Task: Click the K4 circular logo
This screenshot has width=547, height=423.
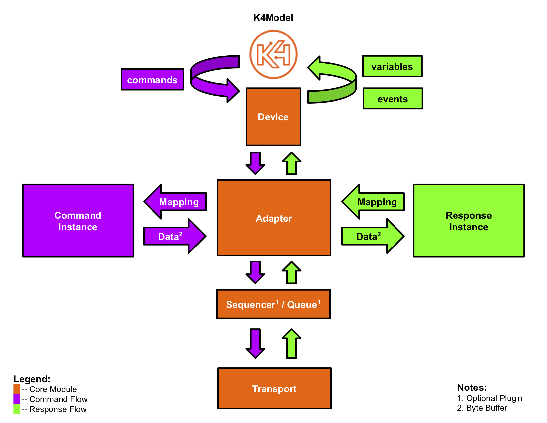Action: coord(273,54)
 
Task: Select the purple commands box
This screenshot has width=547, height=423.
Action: coord(152,80)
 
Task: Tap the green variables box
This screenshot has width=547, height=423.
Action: coord(392,66)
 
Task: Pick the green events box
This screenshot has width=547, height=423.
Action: coord(393,99)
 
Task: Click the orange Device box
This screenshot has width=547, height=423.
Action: coord(273,117)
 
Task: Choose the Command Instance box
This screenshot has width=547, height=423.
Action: coord(78,221)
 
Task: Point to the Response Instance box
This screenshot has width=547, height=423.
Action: coord(469,221)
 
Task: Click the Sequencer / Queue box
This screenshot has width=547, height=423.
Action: coord(273,304)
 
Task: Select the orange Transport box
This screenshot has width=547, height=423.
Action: coord(274,388)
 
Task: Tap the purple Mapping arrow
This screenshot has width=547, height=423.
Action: coord(176,202)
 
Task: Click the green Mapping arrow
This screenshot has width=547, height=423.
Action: coord(374,202)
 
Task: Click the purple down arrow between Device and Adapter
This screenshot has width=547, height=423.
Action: coord(255,163)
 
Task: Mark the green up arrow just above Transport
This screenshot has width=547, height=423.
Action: coord(292,344)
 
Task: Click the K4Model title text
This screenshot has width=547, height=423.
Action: coord(273,18)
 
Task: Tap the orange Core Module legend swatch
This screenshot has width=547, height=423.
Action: coord(17,389)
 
